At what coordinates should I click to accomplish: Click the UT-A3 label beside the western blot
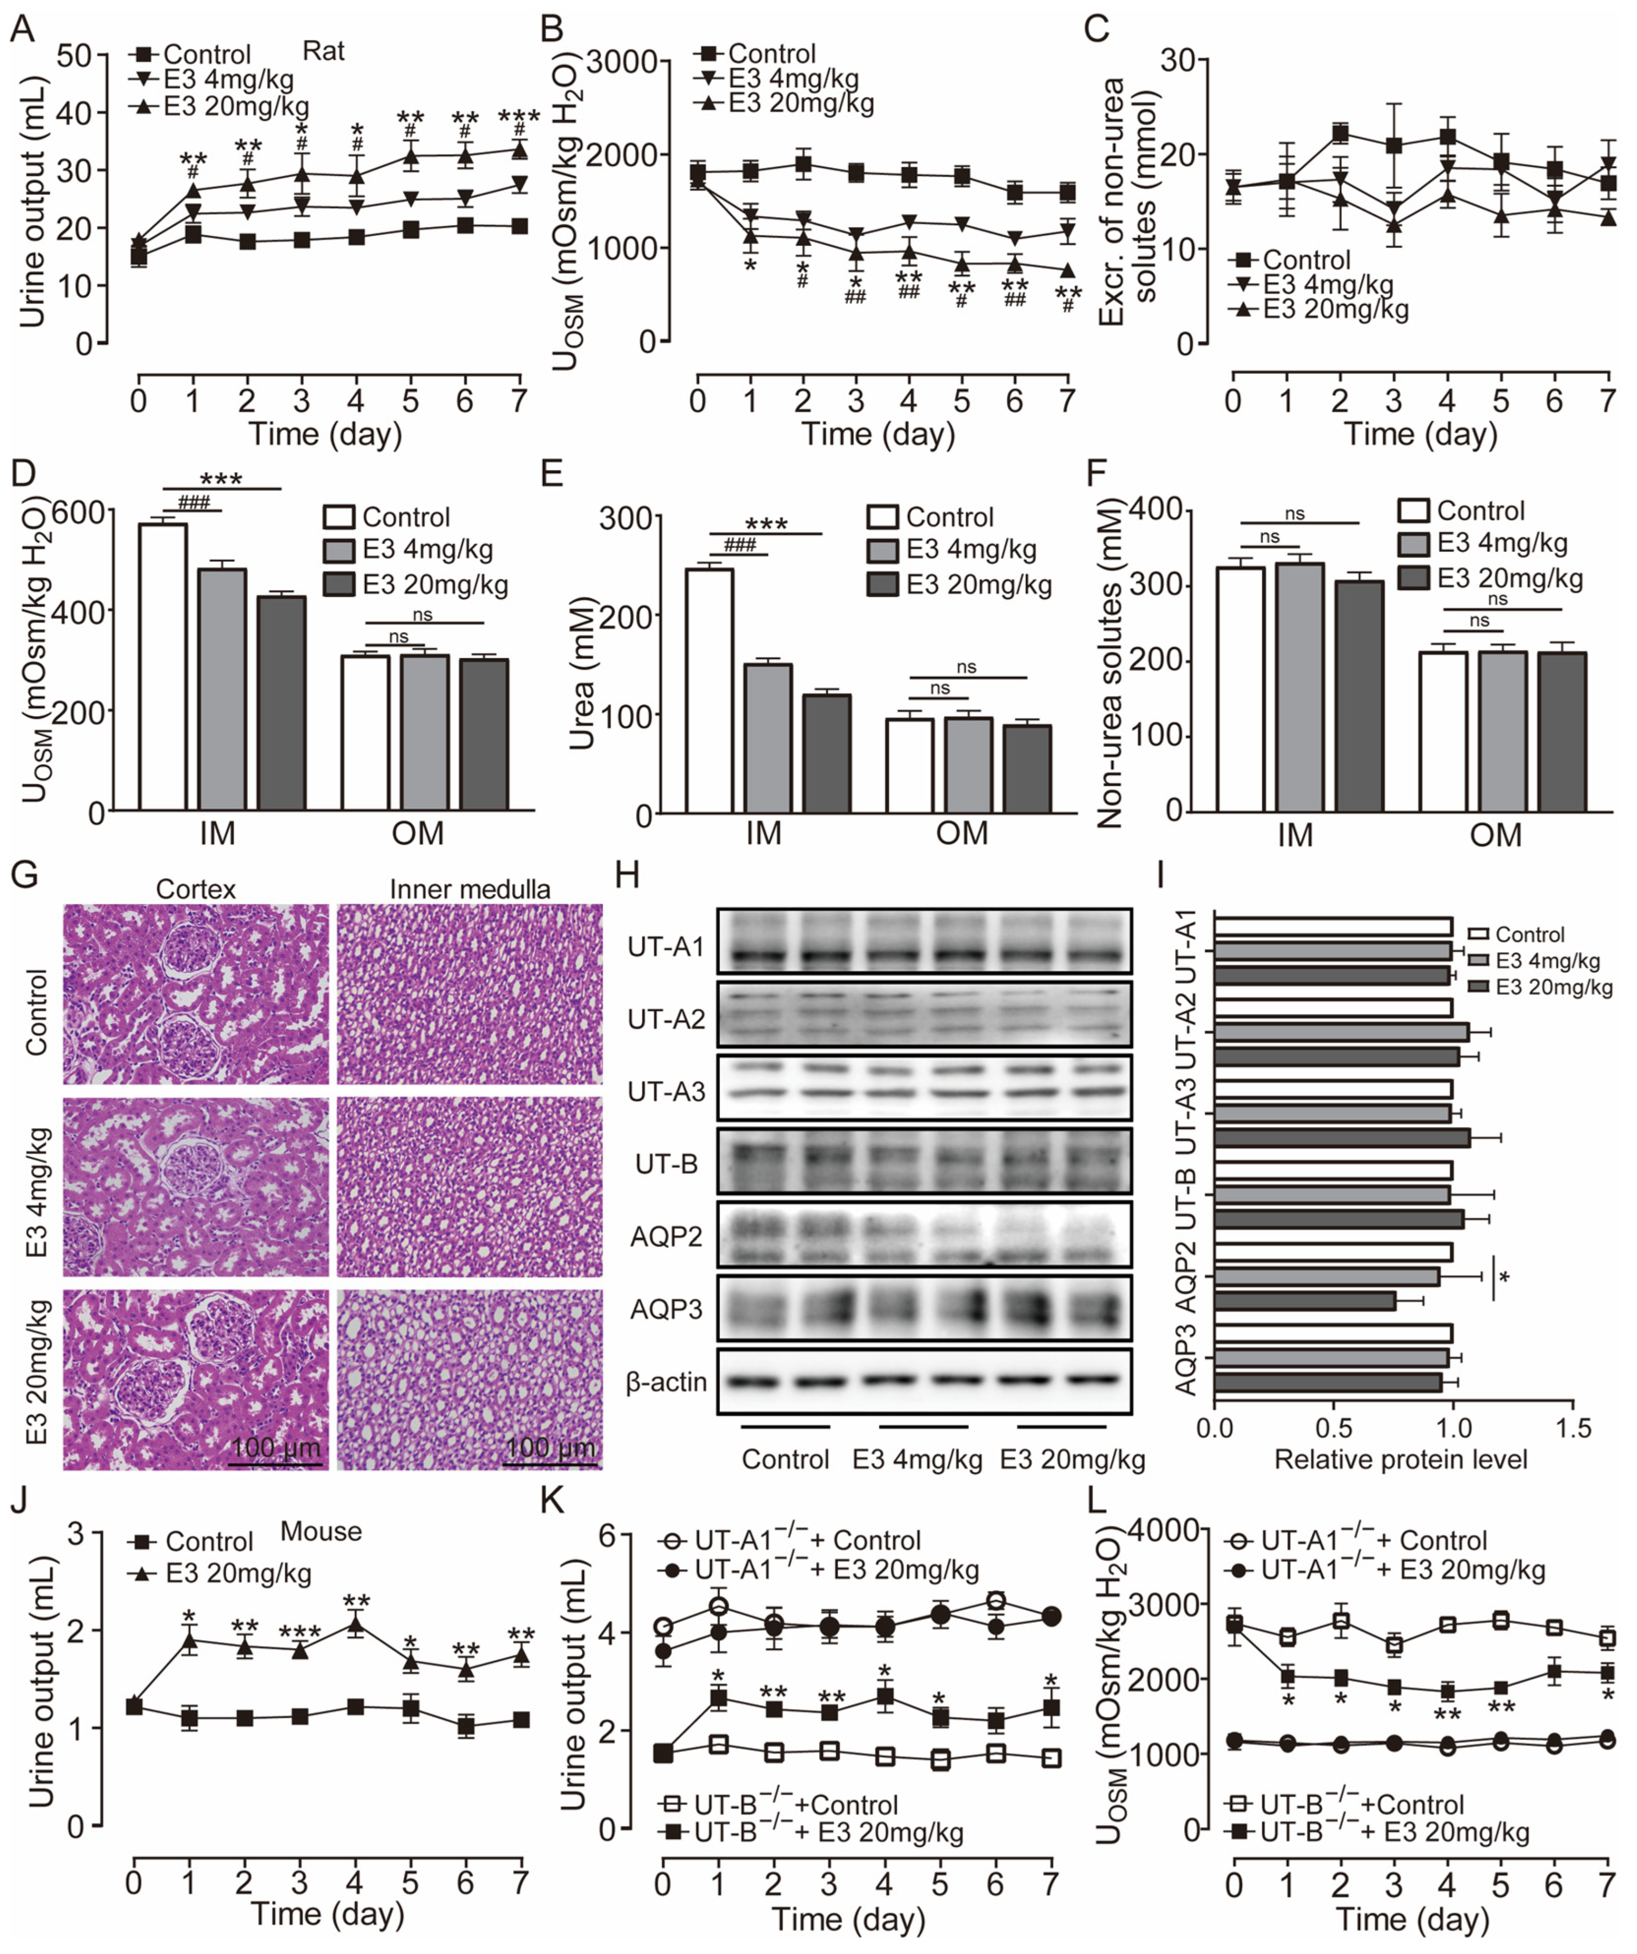coord(666,1091)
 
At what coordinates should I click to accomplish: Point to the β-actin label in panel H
coord(666,1383)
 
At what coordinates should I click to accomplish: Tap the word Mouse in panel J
coord(321,1532)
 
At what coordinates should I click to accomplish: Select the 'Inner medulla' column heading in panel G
coord(470,889)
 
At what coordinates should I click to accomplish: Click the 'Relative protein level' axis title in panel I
coord(1400,1459)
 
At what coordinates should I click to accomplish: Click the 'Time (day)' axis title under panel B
coord(878,433)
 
